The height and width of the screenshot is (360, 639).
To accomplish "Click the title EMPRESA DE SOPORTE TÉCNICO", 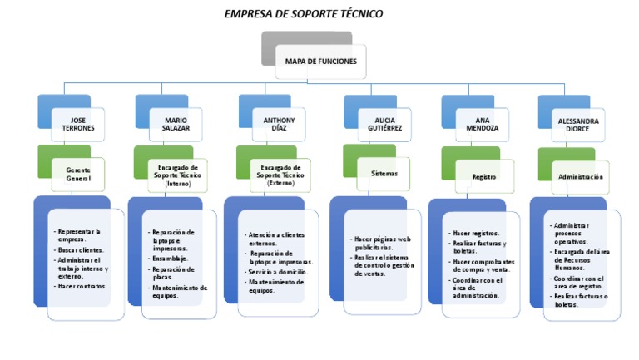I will (x=304, y=14).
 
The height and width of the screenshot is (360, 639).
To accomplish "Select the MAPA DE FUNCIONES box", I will (x=320, y=62).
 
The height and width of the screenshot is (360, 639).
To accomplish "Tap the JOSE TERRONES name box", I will (x=78, y=124).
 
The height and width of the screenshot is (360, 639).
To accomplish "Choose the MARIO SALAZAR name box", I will (x=176, y=124).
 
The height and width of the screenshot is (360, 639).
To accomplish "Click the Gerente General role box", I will (x=78, y=174).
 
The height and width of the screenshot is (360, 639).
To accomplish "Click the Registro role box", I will (x=483, y=176).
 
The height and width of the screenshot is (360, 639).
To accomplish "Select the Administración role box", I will (x=580, y=177).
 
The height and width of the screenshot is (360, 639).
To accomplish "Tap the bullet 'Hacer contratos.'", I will (x=82, y=286).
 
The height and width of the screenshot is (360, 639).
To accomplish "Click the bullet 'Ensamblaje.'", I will (x=170, y=259).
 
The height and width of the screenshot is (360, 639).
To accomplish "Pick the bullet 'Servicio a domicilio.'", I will (x=278, y=272).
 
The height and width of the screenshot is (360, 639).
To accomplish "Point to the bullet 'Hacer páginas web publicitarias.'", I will (x=382, y=243).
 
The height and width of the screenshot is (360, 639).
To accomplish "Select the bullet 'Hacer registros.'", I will (x=476, y=234).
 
